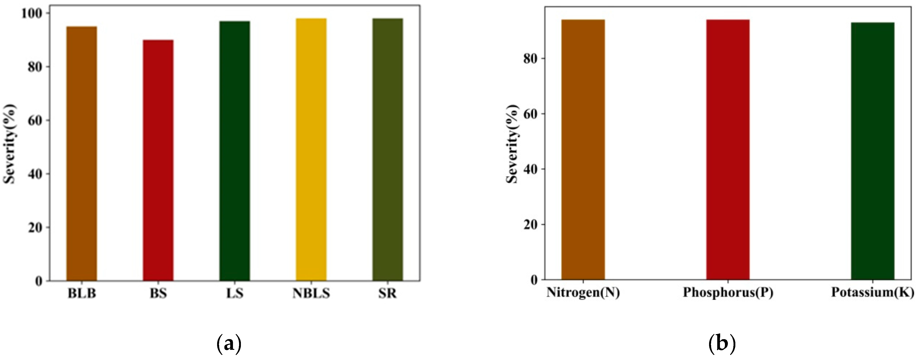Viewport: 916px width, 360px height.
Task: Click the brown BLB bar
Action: tap(82, 153)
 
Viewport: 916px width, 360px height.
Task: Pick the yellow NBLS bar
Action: tap(311, 149)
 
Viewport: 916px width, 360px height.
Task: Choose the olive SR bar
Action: tap(388, 149)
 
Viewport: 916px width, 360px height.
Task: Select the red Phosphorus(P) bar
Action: tap(728, 149)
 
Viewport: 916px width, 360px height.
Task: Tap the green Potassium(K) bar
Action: tap(873, 151)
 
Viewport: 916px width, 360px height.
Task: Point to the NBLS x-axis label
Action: tap(311, 293)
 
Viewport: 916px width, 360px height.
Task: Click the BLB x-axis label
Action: tap(82, 293)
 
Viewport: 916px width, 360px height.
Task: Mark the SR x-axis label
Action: tap(388, 293)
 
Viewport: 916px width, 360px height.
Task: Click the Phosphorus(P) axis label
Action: tap(728, 292)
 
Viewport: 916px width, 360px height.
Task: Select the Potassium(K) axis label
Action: tap(873, 292)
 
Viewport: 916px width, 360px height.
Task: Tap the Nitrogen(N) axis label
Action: tap(583, 292)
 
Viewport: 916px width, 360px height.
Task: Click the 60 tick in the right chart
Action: tap(530, 114)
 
